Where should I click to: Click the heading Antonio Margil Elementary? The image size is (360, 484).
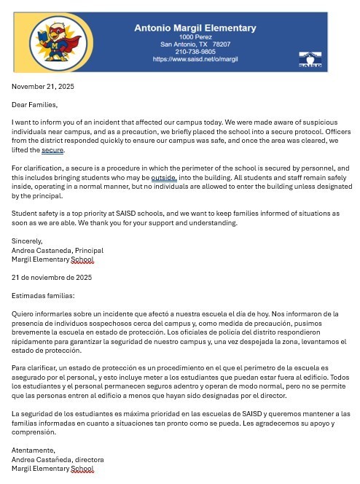tap(195, 28)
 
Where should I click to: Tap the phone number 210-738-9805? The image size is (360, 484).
tap(195, 52)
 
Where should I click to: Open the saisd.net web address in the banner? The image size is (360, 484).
tap(195, 59)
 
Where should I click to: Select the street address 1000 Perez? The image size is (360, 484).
tap(195, 36)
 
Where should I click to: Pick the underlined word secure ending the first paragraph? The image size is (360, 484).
tap(53, 150)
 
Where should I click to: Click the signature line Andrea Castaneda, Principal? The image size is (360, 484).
tap(58, 250)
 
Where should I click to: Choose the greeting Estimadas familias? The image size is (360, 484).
tap(43, 296)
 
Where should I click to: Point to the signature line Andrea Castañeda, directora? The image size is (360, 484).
tap(58, 460)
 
